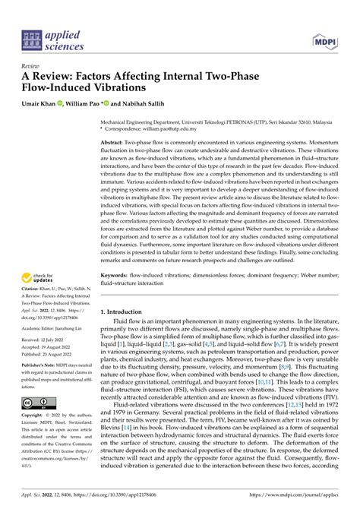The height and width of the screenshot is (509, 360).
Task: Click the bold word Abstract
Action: point(115,142)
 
